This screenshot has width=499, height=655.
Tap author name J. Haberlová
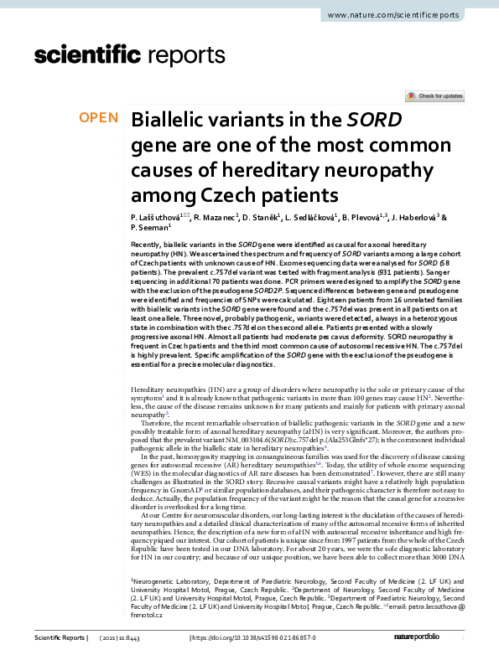pos(413,217)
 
